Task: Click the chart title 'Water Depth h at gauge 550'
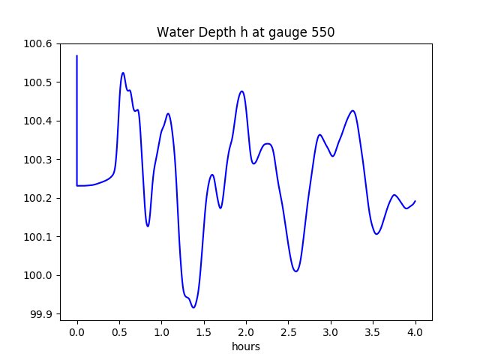[245, 32]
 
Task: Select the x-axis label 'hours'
[246, 347]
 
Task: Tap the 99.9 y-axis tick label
[41, 314]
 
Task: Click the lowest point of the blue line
[193, 307]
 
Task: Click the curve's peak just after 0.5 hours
[123, 73]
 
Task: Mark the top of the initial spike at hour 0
[77, 55]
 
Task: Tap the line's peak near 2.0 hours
[241, 91]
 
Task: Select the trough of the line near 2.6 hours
[296, 271]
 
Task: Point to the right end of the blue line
[415, 201]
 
